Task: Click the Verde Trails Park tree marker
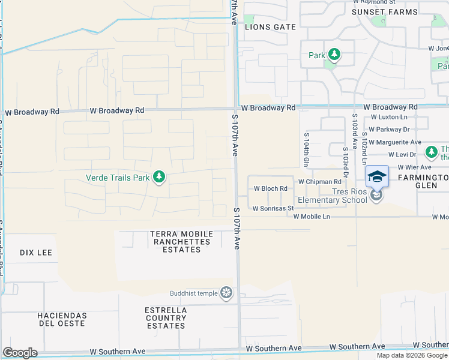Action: pyautogui.click(x=159, y=177)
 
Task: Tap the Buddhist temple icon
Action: pyautogui.click(x=226, y=293)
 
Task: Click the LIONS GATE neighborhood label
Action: pyautogui.click(x=270, y=27)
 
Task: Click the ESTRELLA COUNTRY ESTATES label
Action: pyautogui.click(x=166, y=318)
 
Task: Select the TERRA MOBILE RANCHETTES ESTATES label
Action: pyautogui.click(x=182, y=242)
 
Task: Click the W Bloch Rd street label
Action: pyautogui.click(x=270, y=188)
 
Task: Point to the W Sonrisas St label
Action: pyautogui.click(x=273, y=209)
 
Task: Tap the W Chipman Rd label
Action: pyautogui.click(x=319, y=181)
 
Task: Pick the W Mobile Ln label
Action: pyautogui.click(x=312, y=216)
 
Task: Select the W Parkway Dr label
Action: pyautogui.click(x=389, y=129)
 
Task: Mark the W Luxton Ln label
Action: pyautogui.click(x=390, y=117)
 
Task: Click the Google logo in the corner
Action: pyautogui.click(x=20, y=353)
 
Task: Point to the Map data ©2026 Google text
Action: pyautogui.click(x=412, y=355)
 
